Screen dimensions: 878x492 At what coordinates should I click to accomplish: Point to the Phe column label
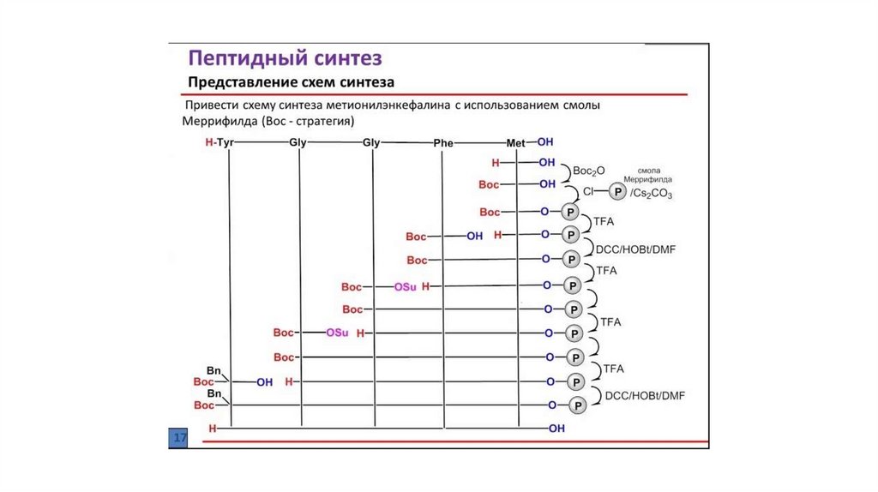tap(443, 143)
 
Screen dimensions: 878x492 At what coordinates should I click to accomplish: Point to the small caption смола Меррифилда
tap(655, 175)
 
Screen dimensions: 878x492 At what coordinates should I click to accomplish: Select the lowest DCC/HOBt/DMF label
tap(646, 395)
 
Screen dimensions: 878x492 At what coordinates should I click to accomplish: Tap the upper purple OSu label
tap(405, 287)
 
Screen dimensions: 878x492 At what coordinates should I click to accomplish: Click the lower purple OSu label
tap(337, 333)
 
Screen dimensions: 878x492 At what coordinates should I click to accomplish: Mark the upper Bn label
tap(214, 371)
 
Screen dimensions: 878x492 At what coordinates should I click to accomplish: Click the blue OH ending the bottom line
tap(557, 427)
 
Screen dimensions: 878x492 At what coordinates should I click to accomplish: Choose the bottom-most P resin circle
tap(578, 405)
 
